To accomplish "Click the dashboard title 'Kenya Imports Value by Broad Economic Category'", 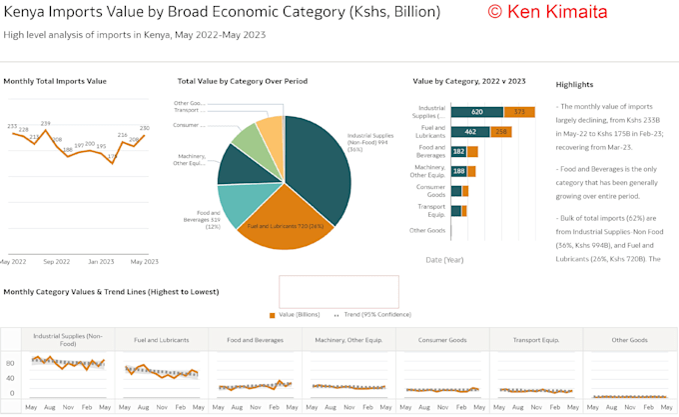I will (221, 13).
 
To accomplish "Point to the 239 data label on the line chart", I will (45, 123).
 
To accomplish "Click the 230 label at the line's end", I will (144, 128).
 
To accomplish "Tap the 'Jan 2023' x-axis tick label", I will (100, 261).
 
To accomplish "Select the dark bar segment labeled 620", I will (476, 112).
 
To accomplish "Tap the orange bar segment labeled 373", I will (519, 112).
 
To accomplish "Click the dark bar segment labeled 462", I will (469, 132).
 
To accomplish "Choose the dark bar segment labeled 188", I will (458, 171).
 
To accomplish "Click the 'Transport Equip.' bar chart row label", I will (431, 210).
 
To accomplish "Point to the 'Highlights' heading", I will (574, 84).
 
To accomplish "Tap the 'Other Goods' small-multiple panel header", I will (630, 339).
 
